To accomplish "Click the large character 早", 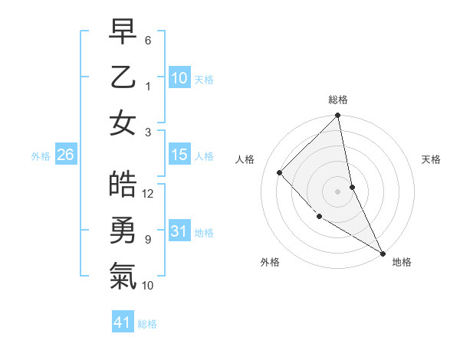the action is pyautogui.click(x=123, y=33).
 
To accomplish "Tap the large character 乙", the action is pyautogui.click(x=123, y=77).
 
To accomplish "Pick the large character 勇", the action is pyautogui.click(x=123, y=231).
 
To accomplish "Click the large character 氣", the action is pyautogui.click(x=123, y=276).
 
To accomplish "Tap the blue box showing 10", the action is pyautogui.click(x=179, y=78).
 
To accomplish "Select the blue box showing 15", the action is pyautogui.click(x=179, y=155).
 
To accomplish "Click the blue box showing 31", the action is pyautogui.click(x=179, y=231).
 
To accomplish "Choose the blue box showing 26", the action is pyautogui.click(x=65, y=155).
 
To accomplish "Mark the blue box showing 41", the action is pyautogui.click(x=123, y=322).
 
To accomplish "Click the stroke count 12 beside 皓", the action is pyautogui.click(x=148, y=194).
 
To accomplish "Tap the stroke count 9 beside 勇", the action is pyautogui.click(x=148, y=240).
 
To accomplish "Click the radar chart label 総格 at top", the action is pyautogui.click(x=338, y=100).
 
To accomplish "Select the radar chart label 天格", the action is pyautogui.click(x=432, y=159).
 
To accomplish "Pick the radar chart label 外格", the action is pyautogui.click(x=270, y=262).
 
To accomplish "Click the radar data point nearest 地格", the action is pyautogui.click(x=383, y=253).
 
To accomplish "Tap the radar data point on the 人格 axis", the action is pyautogui.click(x=280, y=172).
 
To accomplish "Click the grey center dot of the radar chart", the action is pyautogui.click(x=338, y=191).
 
